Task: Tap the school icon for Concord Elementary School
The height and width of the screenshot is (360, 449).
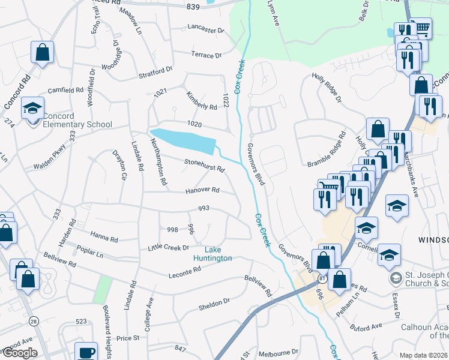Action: click(x=32, y=109)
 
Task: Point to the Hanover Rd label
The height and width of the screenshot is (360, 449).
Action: click(x=202, y=190)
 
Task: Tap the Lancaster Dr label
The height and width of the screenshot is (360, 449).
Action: click(x=205, y=29)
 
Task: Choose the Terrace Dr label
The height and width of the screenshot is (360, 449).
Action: click(x=206, y=55)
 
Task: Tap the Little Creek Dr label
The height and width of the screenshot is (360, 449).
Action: click(x=169, y=247)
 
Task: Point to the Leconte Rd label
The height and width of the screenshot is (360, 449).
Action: click(x=185, y=272)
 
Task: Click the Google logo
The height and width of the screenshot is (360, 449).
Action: click(x=19, y=353)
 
